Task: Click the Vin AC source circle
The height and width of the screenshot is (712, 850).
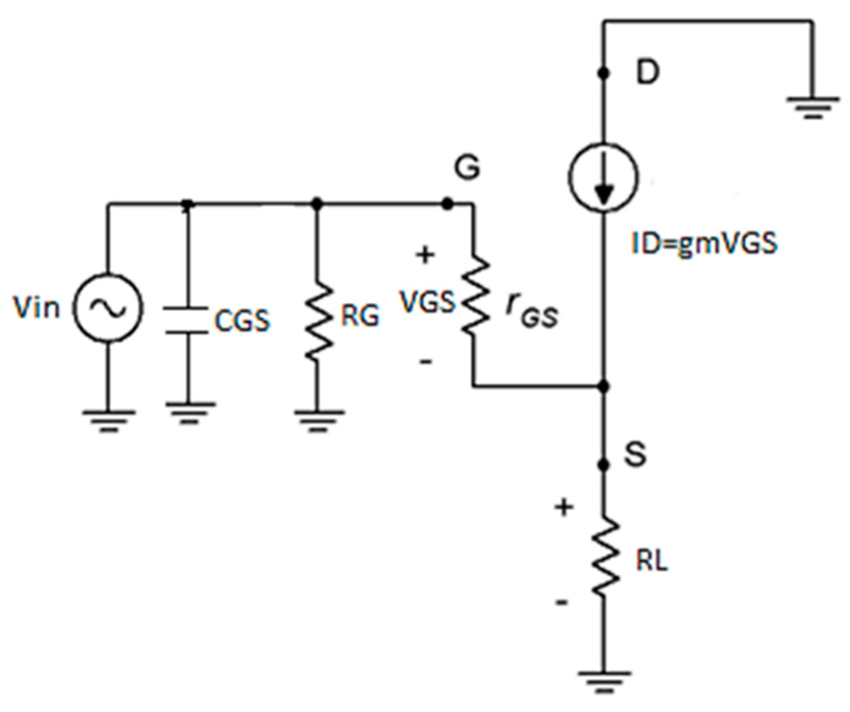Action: point(107,308)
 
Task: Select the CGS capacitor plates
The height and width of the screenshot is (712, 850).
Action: point(186,320)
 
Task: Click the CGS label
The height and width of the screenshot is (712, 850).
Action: point(242,320)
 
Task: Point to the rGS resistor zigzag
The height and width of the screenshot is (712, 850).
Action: point(473,296)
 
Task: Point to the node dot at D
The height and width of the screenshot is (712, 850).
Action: point(604,73)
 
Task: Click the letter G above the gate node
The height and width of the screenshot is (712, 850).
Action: point(467,167)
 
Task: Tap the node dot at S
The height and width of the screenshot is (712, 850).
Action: point(604,465)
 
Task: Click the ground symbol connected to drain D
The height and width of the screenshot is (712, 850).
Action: point(812,107)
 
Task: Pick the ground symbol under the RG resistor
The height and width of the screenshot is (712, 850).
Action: point(317,420)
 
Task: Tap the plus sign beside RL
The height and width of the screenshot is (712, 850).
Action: point(564,507)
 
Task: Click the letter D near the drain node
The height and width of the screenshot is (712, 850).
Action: point(647,74)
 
